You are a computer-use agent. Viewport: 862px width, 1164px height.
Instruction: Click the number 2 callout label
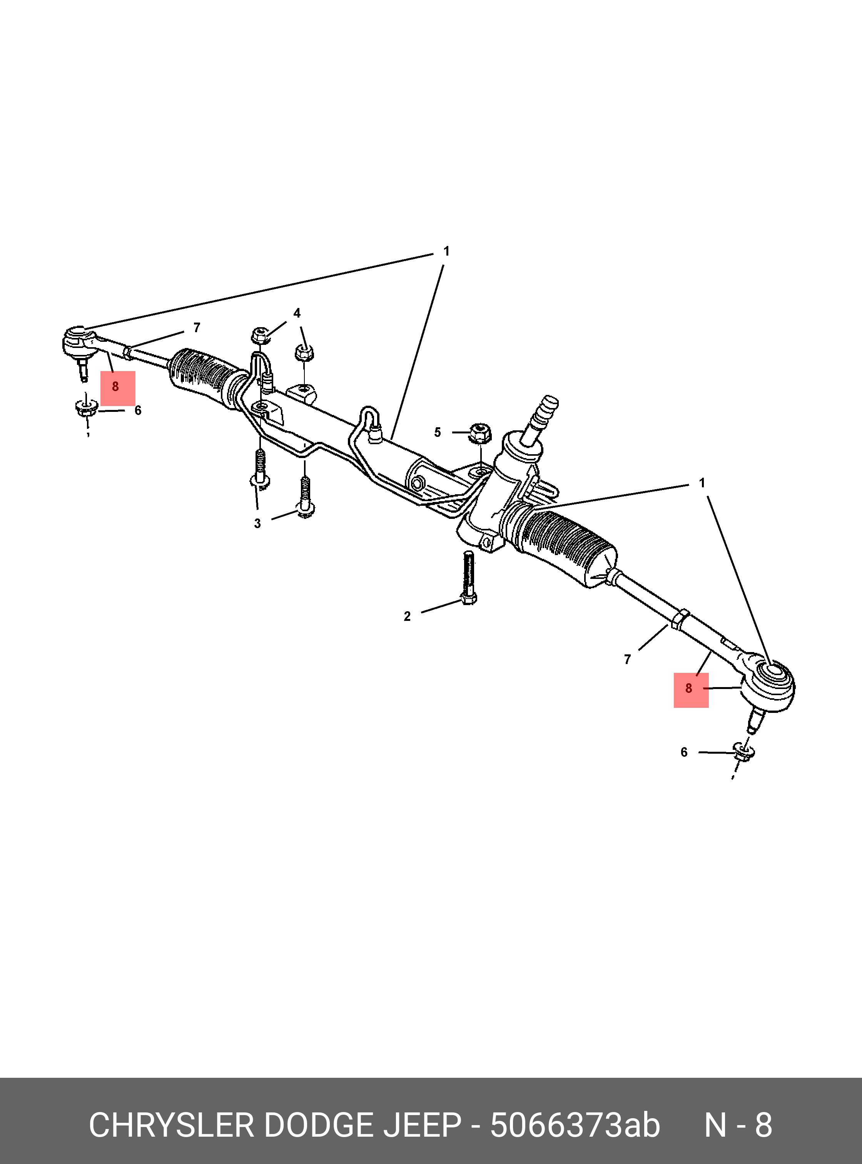click(407, 616)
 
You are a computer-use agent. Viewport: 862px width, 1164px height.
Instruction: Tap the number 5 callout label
click(437, 432)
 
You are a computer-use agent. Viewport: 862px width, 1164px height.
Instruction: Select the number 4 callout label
click(297, 313)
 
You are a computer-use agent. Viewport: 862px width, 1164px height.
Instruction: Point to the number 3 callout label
click(257, 523)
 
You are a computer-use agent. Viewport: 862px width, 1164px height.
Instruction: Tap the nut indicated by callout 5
click(479, 433)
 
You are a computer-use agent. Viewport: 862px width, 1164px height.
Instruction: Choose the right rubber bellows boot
click(566, 548)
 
